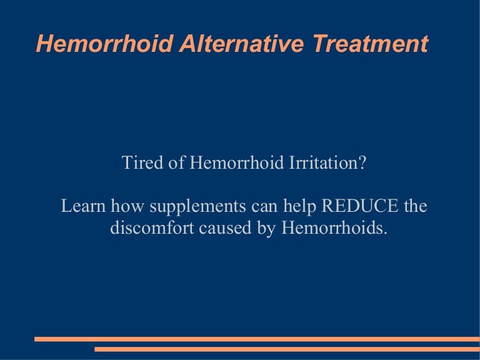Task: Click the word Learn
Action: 83,206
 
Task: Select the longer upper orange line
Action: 257,339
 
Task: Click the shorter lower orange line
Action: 287,349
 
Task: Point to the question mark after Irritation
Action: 362,164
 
